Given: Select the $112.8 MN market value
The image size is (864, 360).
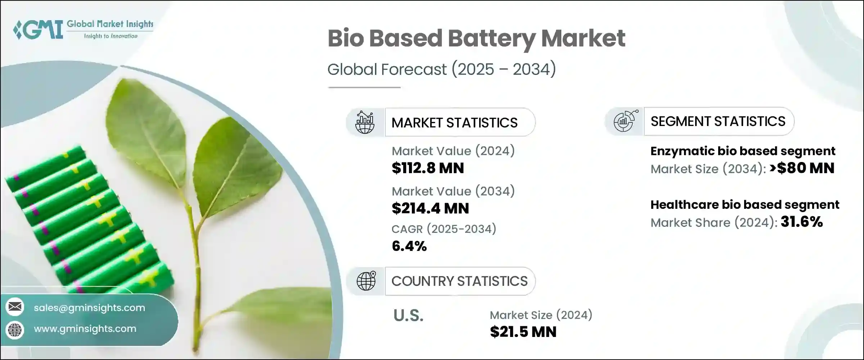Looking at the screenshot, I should (x=428, y=168).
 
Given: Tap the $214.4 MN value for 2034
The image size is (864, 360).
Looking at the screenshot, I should (x=430, y=208).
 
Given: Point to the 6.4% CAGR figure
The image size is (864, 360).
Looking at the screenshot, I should (x=409, y=246).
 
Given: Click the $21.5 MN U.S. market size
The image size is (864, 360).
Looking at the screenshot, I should (x=523, y=332).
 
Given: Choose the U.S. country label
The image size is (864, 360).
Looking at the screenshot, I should (x=408, y=316).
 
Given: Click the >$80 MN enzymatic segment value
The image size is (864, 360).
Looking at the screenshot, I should (x=802, y=168).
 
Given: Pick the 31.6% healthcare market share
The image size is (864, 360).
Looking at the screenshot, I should (x=802, y=222).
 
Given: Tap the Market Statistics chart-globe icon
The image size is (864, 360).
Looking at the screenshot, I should (x=365, y=122).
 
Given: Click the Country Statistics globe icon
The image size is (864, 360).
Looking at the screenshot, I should (x=366, y=281).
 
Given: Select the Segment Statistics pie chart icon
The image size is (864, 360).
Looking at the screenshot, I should (x=625, y=121).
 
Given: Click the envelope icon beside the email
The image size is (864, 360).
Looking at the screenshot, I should (x=15, y=307).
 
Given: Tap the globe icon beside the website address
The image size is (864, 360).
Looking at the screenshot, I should (x=15, y=329).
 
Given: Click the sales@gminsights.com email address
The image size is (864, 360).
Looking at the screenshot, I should (x=89, y=308).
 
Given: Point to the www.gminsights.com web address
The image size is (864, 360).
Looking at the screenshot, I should (x=85, y=329).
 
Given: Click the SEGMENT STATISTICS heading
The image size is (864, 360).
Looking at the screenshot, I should (x=718, y=121).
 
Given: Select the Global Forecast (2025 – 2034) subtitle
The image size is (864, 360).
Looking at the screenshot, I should (x=441, y=69).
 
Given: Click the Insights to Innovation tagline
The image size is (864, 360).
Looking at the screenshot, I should (x=111, y=36).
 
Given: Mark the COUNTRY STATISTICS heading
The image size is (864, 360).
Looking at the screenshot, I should (x=459, y=281).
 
